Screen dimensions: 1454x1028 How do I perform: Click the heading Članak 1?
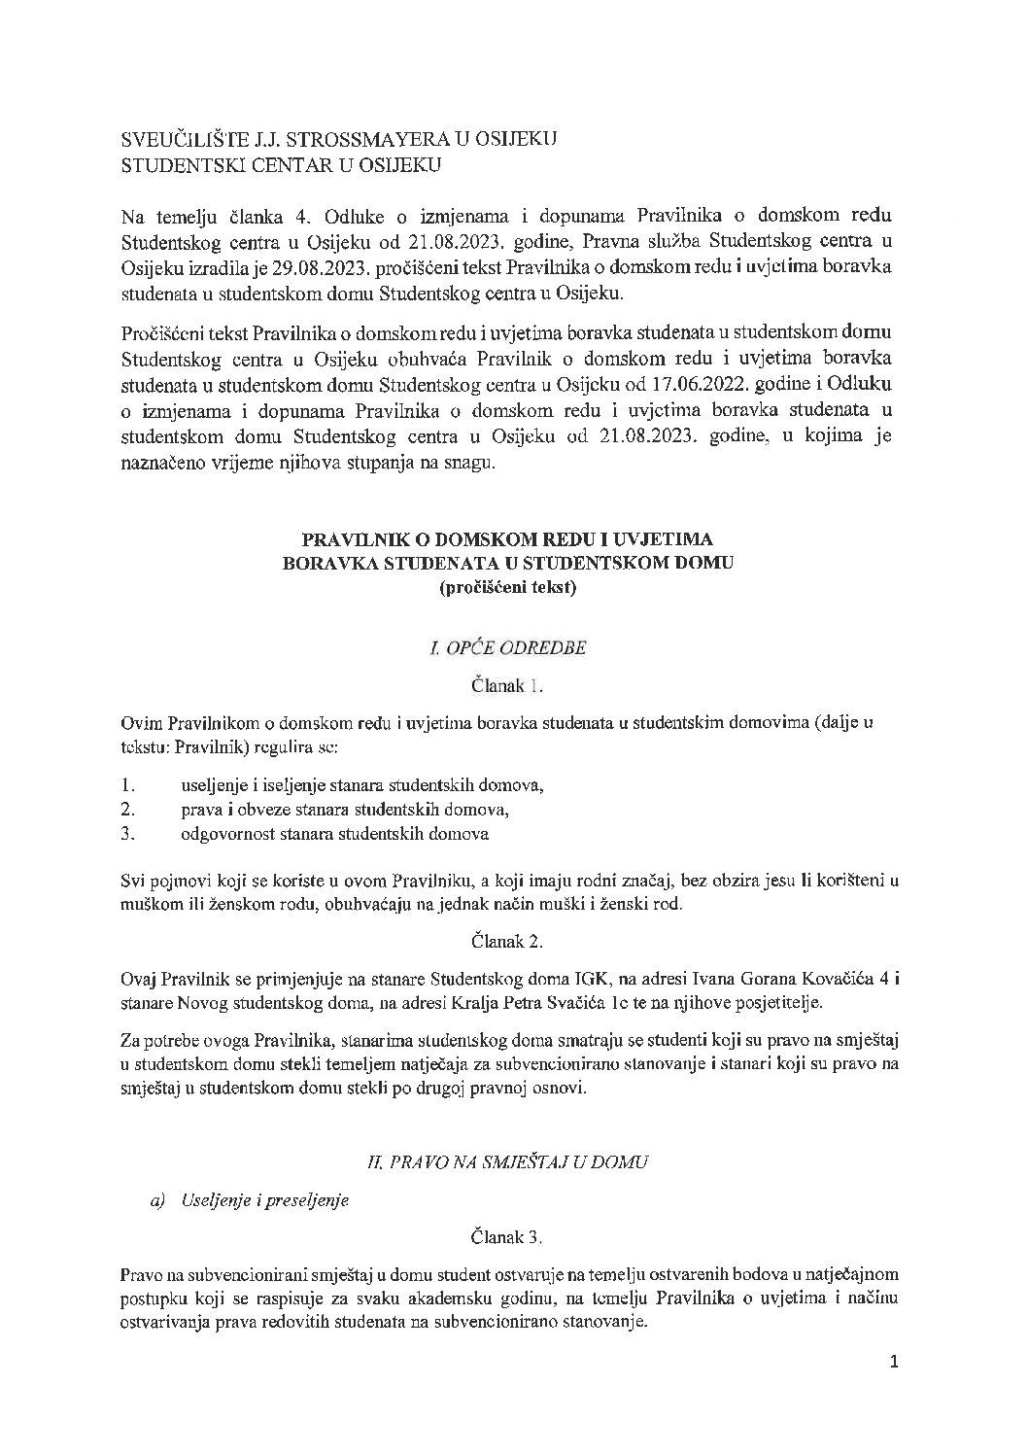point(507,686)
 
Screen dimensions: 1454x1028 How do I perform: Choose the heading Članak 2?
point(507,941)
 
